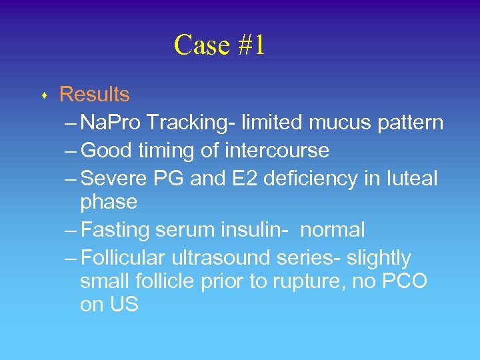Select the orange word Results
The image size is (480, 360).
pyautogui.click(x=95, y=95)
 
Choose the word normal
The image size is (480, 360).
pyautogui.click(x=333, y=230)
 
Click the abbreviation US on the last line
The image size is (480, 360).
pyautogui.click(x=123, y=305)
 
